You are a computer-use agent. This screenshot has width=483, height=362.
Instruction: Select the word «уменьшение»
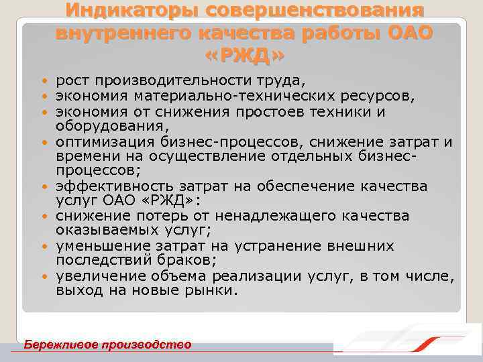96,245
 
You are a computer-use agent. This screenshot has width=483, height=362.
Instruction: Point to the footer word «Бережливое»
58,345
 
